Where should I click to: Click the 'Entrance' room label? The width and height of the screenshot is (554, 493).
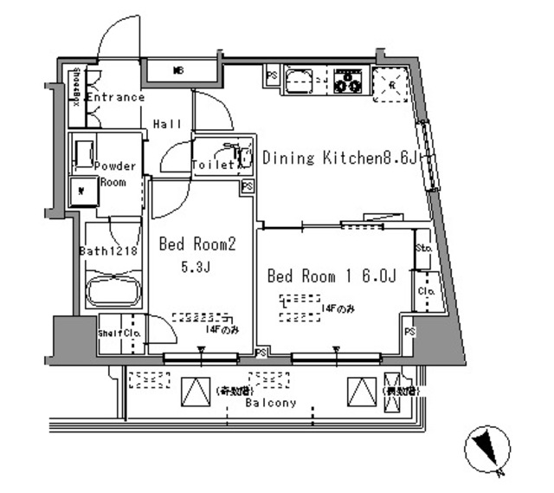[x=114, y=97]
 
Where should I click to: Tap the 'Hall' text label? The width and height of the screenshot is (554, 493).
[x=167, y=124]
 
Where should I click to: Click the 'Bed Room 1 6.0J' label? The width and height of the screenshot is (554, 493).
[x=332, y=276]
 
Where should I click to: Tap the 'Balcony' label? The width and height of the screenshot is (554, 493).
[x=269, y=403]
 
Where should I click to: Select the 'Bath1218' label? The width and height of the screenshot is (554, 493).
[x=110, y=251]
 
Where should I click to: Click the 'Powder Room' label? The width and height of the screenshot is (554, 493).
[x=113, y=173]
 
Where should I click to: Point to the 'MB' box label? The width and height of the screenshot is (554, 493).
[x=179, y=70]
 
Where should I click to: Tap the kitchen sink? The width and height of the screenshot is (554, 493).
[x=299, y=81]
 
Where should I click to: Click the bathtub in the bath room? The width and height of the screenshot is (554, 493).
[x=113, y=291]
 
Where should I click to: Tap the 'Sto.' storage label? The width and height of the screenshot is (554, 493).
[x=423, y=248]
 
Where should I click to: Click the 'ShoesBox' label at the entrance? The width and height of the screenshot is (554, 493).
[x=76, y=88]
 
